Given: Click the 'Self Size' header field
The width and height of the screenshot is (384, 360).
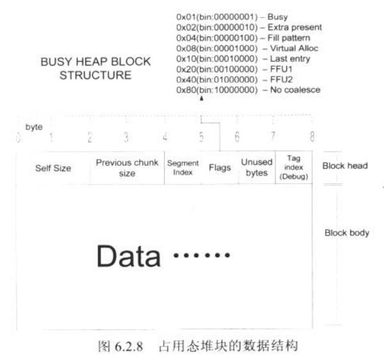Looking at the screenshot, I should [53, 169].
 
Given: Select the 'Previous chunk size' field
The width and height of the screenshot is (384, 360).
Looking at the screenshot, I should [127, 168].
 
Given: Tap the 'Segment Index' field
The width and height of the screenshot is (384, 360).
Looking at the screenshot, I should [183, 168].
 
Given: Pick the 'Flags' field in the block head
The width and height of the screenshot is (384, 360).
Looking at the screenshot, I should [220, 169].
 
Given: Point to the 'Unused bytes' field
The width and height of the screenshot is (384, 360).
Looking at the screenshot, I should [256, 168].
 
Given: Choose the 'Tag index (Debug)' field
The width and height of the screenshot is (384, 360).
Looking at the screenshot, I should [294, 168].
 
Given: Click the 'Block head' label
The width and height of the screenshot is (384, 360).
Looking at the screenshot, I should [345, 166].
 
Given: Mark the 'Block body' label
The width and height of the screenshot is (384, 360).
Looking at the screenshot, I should [347, 233].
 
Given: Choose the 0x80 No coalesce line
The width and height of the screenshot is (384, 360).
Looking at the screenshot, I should [248, 90].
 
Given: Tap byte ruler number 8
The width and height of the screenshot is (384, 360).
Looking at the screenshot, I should [312, 136].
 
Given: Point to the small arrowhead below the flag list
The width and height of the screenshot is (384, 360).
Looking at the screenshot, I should [201, 98].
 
